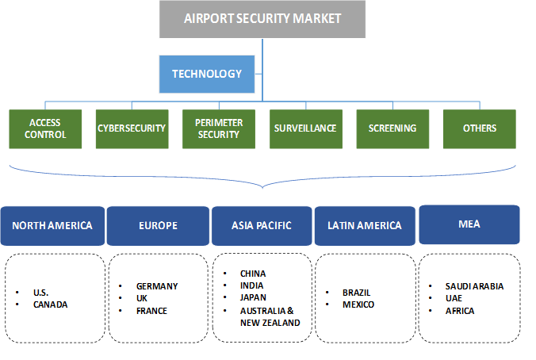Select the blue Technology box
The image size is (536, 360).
(x=207, y=74)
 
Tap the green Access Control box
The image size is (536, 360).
(x=44, y=128)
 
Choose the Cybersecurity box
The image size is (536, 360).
(x=131, y=128)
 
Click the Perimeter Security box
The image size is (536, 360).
(x=218, y=128)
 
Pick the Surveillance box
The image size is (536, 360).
(x=304, y=128)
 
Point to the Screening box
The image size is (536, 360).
(x=392, y=128)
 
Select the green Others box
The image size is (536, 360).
(x=479, y=128)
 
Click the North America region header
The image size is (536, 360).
(x=52, y=225)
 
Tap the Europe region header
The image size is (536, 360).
(x=157, y=225)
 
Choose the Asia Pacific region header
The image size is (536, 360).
(x=261, y=225)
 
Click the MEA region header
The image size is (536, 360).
(x=469, y=224)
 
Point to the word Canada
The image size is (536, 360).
(x=51, y=304)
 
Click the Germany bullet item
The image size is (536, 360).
(x=157, y=286)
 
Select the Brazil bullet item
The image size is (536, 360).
(x=356, y=292)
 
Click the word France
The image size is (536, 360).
(x=151, y=311)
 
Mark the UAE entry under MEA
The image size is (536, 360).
(x=454, y=298)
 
